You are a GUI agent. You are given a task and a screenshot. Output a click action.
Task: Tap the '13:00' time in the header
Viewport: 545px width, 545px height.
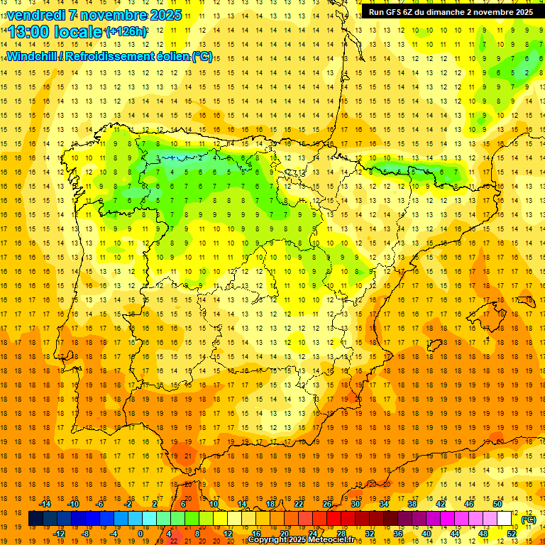(30, 32)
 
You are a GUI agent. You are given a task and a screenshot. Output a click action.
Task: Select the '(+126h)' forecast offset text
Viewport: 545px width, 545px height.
(126, 32)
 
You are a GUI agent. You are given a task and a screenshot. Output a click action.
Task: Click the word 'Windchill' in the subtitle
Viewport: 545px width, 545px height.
(31, 56)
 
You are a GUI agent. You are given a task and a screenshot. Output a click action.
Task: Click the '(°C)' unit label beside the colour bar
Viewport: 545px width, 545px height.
(529, 519)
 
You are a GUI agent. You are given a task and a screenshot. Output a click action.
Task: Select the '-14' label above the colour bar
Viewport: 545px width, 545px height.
(45, 503)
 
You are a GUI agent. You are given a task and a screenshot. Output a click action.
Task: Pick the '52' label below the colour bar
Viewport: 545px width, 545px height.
(512, 533)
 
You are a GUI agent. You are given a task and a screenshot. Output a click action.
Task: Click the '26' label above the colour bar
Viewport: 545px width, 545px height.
(327, 503)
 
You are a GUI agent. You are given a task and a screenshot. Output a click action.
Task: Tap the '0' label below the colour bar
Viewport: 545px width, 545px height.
(141, 533)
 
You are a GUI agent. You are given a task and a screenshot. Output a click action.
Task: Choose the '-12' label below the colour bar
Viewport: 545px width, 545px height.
(59, 533)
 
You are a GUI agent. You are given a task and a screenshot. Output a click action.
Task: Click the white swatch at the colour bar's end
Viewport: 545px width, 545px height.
(505, 519)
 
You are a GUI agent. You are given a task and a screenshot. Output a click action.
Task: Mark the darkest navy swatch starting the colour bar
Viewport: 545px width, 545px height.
(35, 519)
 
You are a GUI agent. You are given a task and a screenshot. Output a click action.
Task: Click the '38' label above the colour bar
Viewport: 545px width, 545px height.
(412, 503)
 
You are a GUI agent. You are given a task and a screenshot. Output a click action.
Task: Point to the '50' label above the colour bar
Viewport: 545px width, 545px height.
(497, 503)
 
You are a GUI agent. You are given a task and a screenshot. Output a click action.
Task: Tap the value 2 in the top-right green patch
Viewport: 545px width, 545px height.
(526, 72)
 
